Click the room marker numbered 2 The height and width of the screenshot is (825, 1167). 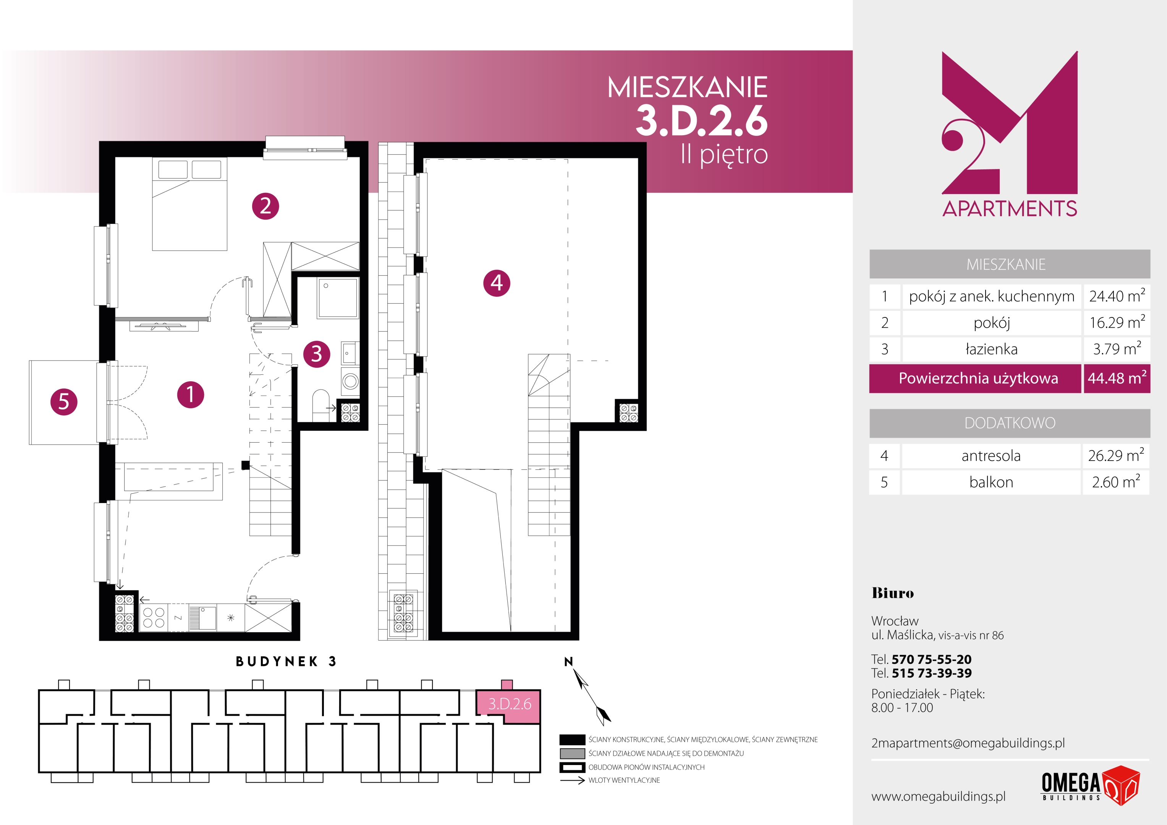click(265, 206)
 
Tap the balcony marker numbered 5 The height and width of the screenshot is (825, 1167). click(63, 401)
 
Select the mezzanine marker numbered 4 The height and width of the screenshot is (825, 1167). click(497, 283)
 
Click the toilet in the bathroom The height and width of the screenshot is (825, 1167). click(321, 404)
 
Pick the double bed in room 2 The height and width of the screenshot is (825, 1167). click(189, 204)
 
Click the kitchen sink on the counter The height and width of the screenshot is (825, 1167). click(203, 618)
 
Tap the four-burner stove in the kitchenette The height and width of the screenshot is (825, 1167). click(154, 618)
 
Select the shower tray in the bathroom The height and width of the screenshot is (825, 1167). click(338, 298)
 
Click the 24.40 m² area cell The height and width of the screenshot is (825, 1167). click(1117, 296)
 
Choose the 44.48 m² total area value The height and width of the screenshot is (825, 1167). click(1117, 378)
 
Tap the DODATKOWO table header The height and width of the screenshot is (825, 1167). click(1010, 423)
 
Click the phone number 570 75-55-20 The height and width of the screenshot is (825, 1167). click(931, 659)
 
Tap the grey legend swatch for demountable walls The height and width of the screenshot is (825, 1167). click(572, 753)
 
